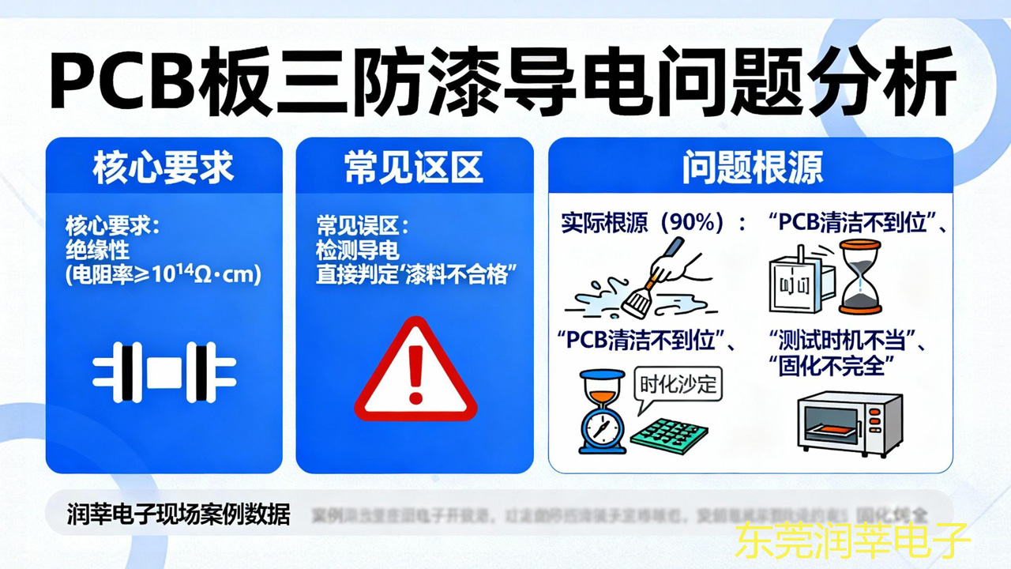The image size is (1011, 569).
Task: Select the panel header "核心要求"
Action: point(163,168)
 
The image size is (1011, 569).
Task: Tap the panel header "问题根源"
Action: point(751,168)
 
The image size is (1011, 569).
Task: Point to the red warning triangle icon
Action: point(415,370)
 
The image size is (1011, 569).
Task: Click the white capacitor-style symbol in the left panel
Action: point(163,373)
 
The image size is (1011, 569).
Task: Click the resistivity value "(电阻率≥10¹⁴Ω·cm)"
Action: point(163,275)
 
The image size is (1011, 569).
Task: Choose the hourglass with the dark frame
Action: point(860,277)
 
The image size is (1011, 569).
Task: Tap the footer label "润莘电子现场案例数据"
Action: point(179,515)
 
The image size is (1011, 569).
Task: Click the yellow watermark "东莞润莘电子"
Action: point(852,542)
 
